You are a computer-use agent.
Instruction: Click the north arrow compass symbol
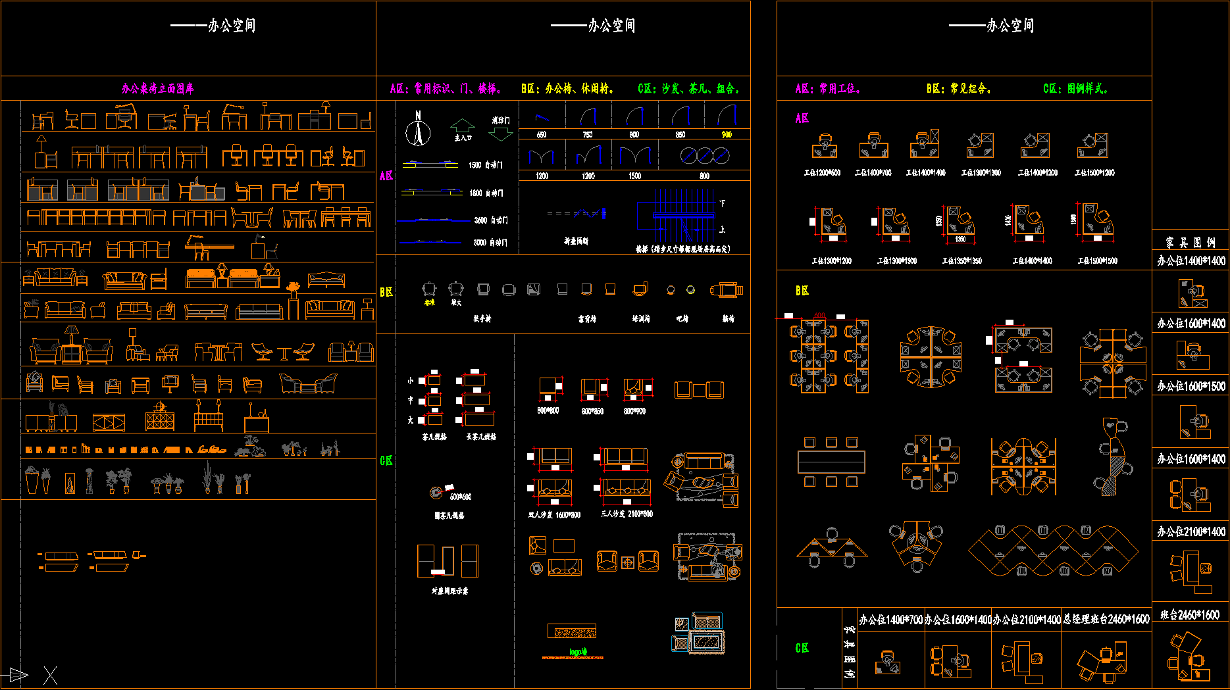click(418, 130)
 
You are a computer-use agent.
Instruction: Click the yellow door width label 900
click(727, 135)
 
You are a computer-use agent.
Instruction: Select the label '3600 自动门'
click(491, 220)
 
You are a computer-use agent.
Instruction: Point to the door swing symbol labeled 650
click(542, 118)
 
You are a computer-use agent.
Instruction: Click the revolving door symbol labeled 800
click(705, 156)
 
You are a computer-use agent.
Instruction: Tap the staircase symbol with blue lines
click(678, 217)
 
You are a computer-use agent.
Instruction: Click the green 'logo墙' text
click(578, 652)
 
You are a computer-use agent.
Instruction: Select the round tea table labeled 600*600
click(436, 493)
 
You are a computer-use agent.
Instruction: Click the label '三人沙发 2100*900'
click(627, 514)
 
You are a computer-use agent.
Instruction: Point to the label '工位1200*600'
click(822, 173)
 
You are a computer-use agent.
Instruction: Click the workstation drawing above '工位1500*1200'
click(1092, 145)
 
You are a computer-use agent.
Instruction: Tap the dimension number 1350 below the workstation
click(961, 239)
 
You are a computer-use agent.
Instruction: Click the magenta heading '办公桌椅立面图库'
click(158, 89)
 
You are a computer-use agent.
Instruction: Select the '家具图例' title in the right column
click(1190, 242)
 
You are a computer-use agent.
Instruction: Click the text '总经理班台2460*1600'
click(1106, 620)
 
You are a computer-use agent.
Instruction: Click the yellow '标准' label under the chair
click(430, 303)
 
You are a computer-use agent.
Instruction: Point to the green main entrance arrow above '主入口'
click(463, 125)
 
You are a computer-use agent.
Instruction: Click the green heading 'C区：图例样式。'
click(1075, 89)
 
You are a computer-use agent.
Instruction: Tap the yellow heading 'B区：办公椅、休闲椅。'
click(567, 89)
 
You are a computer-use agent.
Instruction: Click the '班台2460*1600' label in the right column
click(1189, 615)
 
